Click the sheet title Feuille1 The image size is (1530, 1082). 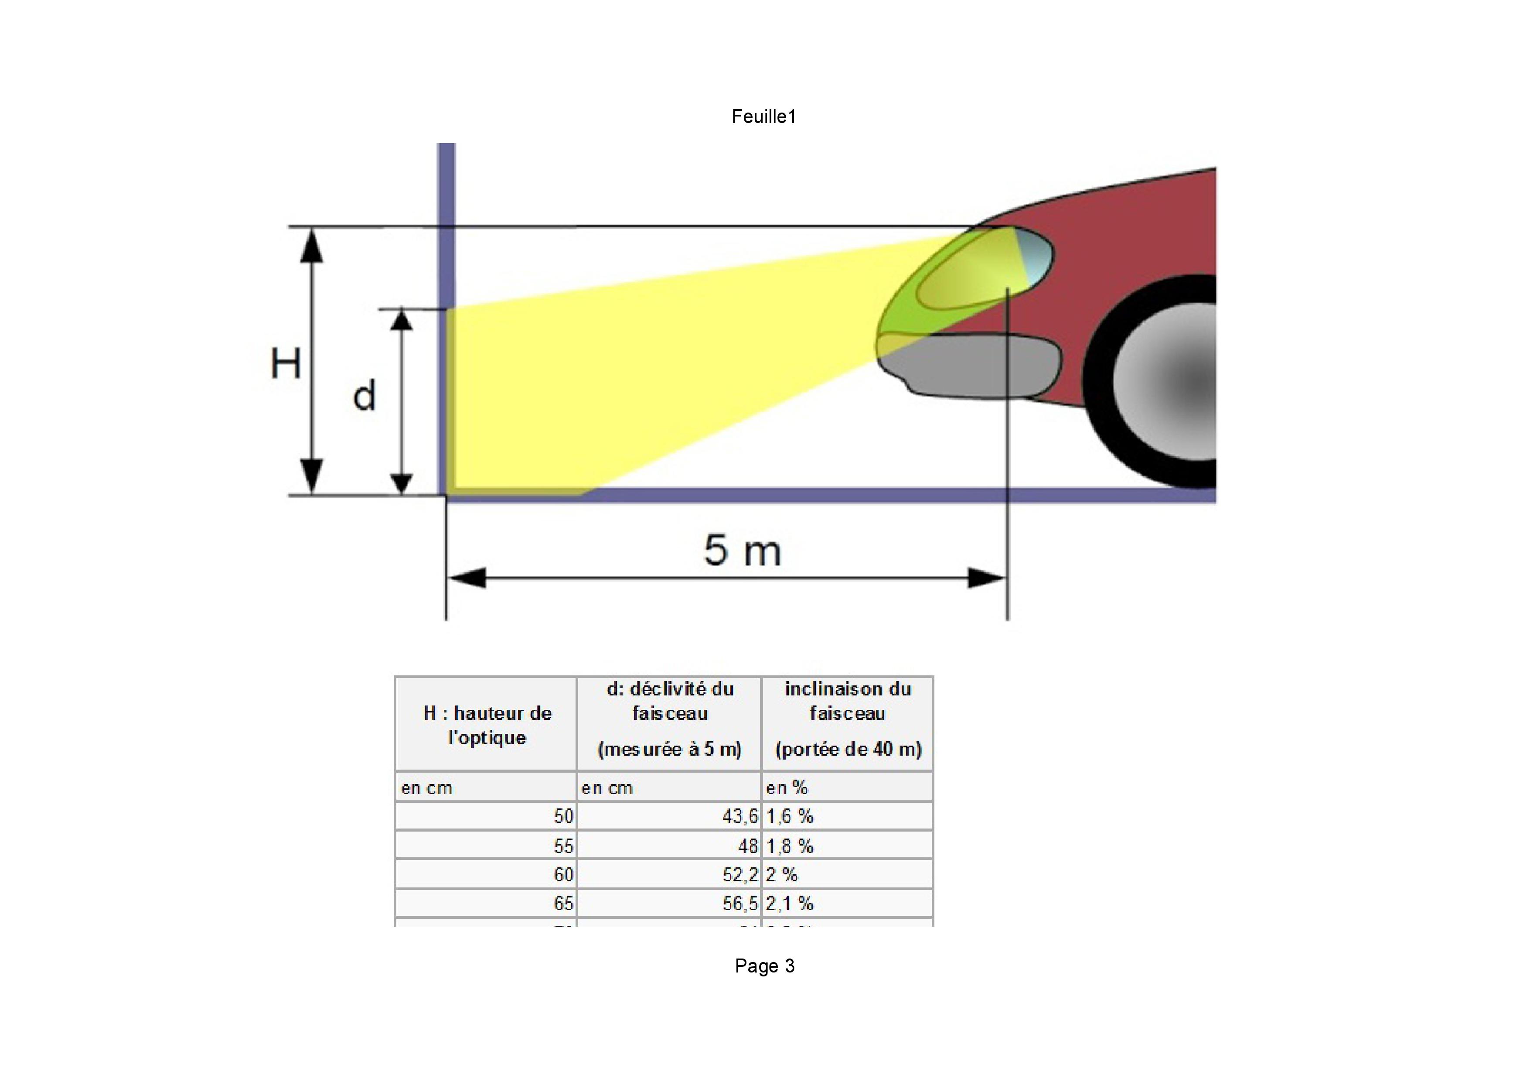click(x=763, y=116)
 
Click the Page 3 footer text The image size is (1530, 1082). click(x=764, y=966)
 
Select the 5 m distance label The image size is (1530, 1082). click(x=742, y=551)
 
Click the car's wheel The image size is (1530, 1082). click(x=1173, y=381)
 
